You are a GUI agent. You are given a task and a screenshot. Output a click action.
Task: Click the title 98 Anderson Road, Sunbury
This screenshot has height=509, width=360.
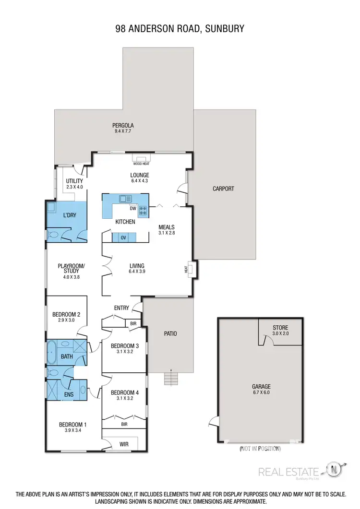(x=180, y=29)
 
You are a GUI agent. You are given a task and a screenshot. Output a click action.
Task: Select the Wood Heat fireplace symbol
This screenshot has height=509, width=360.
(x=141, y=159)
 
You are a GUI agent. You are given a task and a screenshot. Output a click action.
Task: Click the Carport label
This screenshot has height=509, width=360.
(x=223, y=189)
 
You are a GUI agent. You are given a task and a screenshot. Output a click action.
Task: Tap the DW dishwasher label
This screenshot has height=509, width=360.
(x=132, y=209)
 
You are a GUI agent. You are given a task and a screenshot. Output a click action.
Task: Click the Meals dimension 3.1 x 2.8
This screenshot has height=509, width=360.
(x=166, y=234)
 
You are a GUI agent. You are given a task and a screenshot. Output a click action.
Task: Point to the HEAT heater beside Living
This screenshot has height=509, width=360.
(x=191, y=270)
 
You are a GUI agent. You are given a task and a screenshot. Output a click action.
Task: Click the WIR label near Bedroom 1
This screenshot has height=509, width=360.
(x=123, y=444)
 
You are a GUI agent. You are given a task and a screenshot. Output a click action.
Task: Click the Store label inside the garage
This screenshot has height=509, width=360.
(x=280, y=328)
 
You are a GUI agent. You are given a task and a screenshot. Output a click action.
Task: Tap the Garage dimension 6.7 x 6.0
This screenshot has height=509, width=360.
(x=261, y=392)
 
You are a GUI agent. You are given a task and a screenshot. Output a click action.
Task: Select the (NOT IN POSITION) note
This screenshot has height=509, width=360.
(x=260, y=449)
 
